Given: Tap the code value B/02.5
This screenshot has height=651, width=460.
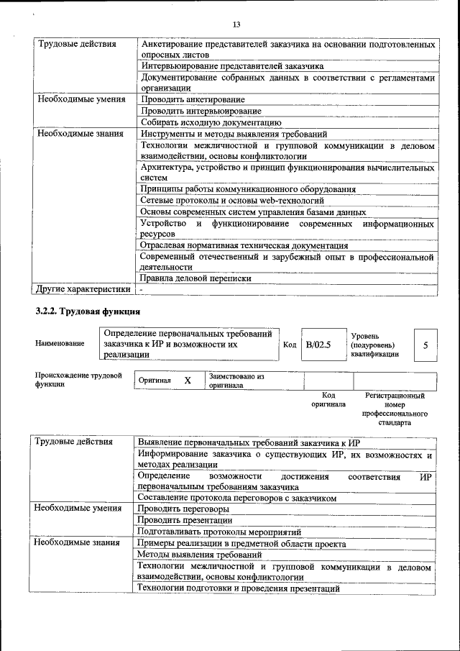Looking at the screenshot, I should pos(318,345).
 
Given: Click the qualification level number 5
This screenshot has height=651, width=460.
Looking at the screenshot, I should pos(425,345).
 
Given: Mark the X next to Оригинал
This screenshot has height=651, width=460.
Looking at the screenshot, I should pos(187,380).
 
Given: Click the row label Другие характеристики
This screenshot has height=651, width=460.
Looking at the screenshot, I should pos(83,289).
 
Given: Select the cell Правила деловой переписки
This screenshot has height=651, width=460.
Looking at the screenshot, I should pos(195,278).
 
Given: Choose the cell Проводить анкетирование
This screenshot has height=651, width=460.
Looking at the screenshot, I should pos(193,99).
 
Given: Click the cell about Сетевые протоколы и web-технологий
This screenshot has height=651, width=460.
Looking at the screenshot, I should pos(231,201).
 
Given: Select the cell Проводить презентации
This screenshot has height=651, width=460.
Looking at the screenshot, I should pos(185,520).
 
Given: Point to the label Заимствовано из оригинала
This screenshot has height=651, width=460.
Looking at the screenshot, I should pos(236,380).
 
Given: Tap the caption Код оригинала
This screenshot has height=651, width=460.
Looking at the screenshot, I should pos(328,400).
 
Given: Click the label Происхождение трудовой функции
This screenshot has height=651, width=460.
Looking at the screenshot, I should pos(78,380).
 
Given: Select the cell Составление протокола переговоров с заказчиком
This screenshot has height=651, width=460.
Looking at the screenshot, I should pos(236,497).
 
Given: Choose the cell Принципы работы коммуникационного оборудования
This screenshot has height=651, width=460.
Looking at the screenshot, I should pos(248,189).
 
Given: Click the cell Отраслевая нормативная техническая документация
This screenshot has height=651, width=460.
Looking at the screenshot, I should pos(244,245).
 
